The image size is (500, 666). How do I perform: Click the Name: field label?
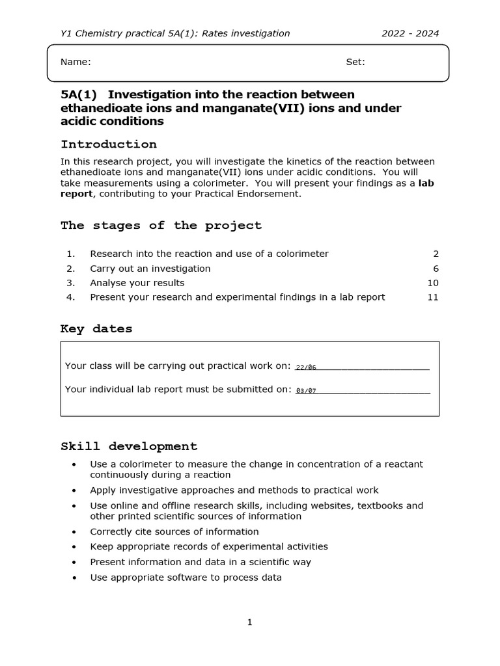pos(76,62)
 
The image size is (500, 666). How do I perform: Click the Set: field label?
pos(355,62)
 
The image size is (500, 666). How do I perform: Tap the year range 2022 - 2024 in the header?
pos(410,34)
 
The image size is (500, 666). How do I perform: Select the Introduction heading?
pos(109,144)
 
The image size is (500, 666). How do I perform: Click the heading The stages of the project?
pos(161,226)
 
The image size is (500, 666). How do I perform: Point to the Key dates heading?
pos(96,329)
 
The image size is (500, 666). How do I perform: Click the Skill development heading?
pos(129,446)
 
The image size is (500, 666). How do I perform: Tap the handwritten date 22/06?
pos(305,367)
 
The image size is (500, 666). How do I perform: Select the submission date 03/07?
pos(305,391)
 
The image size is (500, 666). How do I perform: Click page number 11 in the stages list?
pos(433,297)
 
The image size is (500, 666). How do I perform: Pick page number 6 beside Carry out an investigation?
pos(436,269)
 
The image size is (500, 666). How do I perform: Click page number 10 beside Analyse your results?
pos(433,283)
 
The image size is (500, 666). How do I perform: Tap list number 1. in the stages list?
pos(71,254)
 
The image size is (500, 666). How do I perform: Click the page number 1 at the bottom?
pos(249,622)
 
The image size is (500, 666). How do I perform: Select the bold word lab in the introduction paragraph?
pos(426,183)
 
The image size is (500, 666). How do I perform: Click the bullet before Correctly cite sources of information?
pos(75,532)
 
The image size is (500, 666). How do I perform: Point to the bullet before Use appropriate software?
pos(75,578)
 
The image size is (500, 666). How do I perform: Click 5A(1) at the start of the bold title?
pos(78,95)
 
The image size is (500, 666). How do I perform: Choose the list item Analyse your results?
pos(137,283)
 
